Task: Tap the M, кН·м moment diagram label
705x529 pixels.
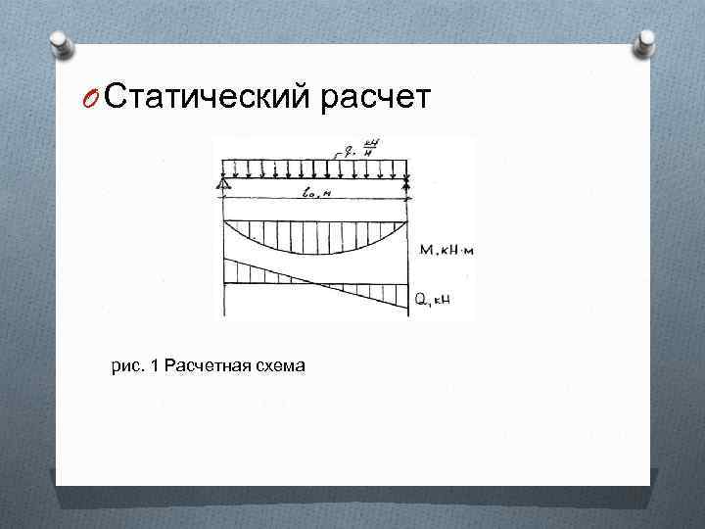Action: (x=446, y=250)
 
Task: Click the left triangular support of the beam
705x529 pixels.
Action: (x=224, y=185)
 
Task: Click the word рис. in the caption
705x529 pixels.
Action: (x=127, y=366)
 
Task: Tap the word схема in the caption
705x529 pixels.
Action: (x=282, y=366)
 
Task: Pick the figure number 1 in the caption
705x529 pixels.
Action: (x=155, y=366)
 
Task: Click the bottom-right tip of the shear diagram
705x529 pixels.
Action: (x=405, y=311)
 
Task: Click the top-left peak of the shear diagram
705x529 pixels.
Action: (x=225, y=259)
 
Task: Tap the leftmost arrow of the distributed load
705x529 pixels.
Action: (x=226, y=168)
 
